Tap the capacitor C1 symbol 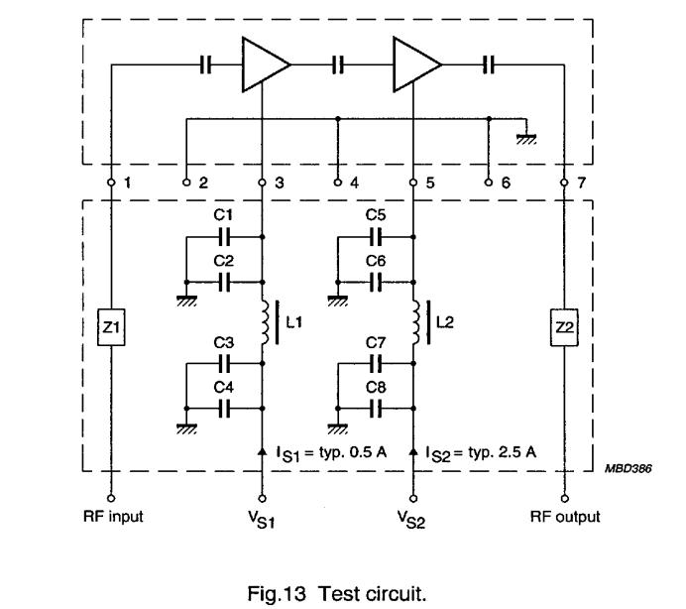[224, 237]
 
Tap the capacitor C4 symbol [224, 407]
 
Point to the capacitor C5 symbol [376, 237]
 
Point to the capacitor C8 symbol [376, 407]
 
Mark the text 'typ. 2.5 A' [509, 451]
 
